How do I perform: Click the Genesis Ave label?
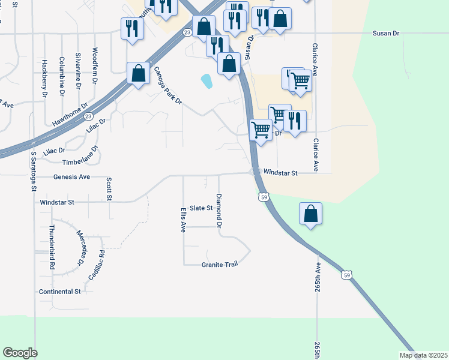click(71, 177)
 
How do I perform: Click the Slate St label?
click(201, 208)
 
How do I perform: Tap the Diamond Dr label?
click(219, 211)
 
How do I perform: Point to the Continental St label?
click(59, 292)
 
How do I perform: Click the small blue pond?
click(206, 81)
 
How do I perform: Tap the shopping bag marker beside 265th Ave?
click(310, 215)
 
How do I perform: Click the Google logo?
click(20, 353)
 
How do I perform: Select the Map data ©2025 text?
click(423, 355)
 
